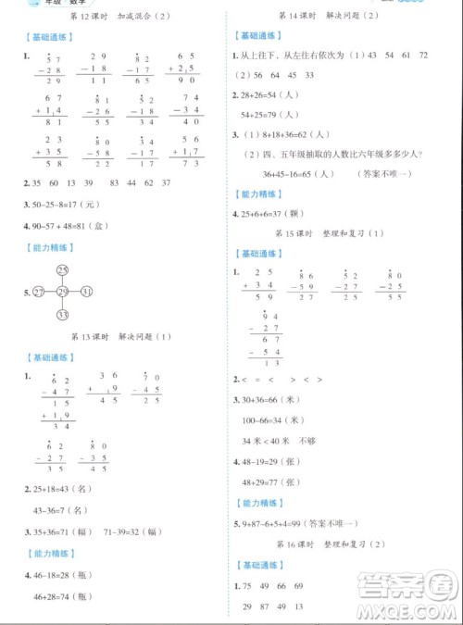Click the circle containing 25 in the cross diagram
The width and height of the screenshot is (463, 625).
pyautogui.click(x=62, y=269)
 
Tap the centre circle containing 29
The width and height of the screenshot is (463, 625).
pyautogui.click(x=62, y=292)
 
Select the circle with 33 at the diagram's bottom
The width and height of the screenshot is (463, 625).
pyautogui.click(x=62, y=315)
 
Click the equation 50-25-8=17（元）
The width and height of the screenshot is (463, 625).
pyautogui.click(x=68, y=205)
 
